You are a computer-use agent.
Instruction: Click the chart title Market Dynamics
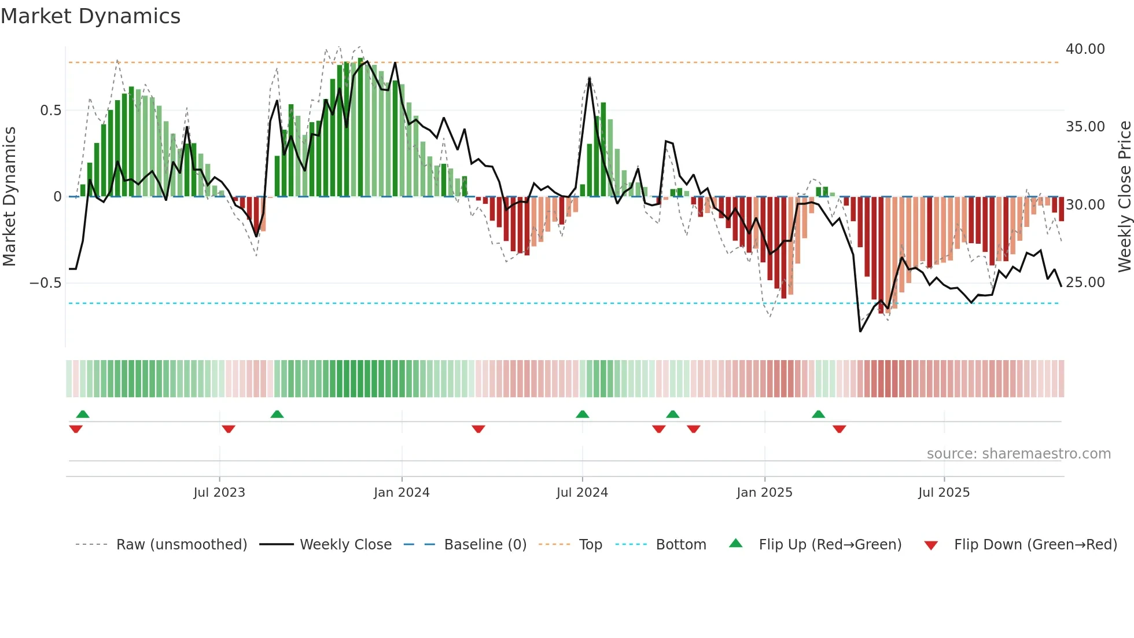pos(91,16)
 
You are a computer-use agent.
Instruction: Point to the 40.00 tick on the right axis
pos(1085,49)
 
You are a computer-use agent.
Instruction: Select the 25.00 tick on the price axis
pos(1085,283)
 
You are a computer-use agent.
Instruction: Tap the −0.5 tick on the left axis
pos(45,283)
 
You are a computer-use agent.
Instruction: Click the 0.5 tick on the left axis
pos(50,111)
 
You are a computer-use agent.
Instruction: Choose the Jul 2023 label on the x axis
pos(219,493)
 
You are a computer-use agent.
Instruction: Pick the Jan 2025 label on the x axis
pos(764,493)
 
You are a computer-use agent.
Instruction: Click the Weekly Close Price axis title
pos(1124,197)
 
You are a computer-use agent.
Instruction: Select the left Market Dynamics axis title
pos(9,197)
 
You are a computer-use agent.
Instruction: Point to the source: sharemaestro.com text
pos(1018,454)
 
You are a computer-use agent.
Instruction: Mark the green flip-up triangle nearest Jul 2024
pos(583,415)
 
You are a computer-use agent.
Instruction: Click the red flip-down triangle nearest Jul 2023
pos(229,429)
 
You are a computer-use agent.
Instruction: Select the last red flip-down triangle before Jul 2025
pos(840,429)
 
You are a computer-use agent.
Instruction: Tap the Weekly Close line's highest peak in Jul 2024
pos(589,79)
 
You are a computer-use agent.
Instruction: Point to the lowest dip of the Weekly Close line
pos(860,331)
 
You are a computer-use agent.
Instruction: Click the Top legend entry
pos(590,545)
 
